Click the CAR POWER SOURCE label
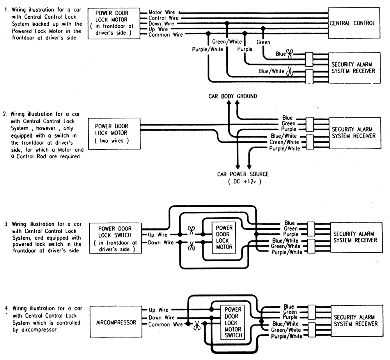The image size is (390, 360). click(243, 174)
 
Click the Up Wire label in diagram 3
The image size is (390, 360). click(158, 235)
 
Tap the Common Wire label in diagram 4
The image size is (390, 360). click(165, 325)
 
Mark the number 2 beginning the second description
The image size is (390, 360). click(4, 114)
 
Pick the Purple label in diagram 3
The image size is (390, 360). click(291, 234)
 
